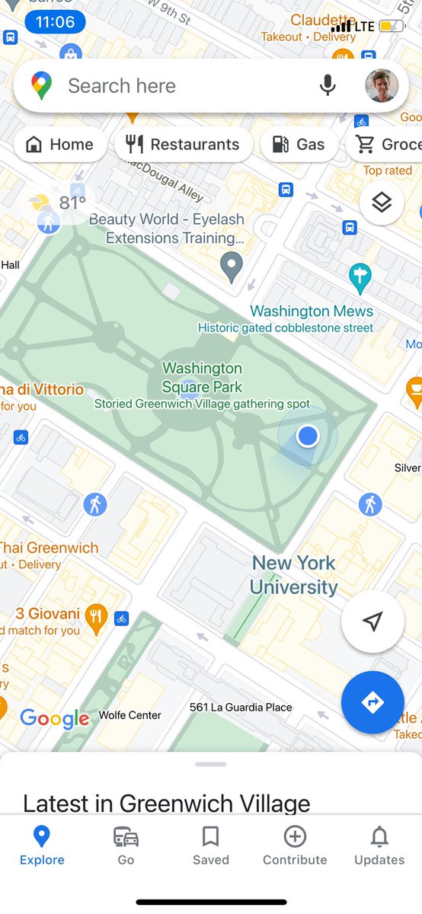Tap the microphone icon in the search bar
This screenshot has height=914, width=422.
coord(328,85)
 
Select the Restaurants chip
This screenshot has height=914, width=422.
coord(183,145)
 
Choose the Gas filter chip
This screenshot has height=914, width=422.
coord(299,145)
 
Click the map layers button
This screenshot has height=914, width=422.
coord(382,202)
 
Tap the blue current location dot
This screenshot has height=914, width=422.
coord(307,436)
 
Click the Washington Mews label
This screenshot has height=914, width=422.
coord(312,312)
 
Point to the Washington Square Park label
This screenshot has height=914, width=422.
coord(202,378)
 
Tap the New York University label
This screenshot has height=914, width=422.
coord(294,574)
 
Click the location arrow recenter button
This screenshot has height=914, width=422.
coord(372,622)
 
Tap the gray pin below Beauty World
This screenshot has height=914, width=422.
coord(232,267)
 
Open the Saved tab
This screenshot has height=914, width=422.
coord(210,845)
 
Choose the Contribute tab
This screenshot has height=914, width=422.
coord(295,845)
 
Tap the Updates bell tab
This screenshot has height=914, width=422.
coord(379,845)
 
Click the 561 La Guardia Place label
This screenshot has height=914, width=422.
coord(241,708)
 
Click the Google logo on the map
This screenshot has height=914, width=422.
coord(55,717)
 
